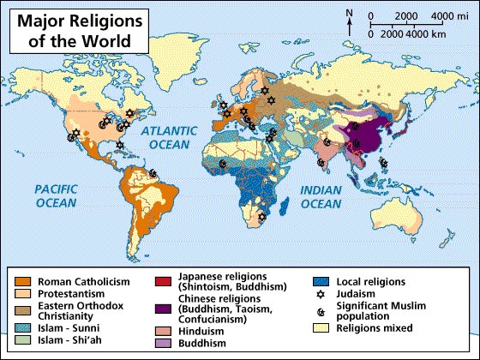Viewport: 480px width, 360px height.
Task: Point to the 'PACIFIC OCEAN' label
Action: click(x=56, y=195)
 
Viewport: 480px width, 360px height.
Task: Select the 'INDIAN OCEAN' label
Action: click(x=321, y=196)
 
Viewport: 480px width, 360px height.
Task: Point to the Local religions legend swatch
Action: click(x=320, y=280)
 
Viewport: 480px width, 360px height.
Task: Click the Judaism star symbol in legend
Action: click(x=320, y=292)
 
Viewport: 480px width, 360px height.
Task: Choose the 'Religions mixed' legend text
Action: click(x=375, y=327)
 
